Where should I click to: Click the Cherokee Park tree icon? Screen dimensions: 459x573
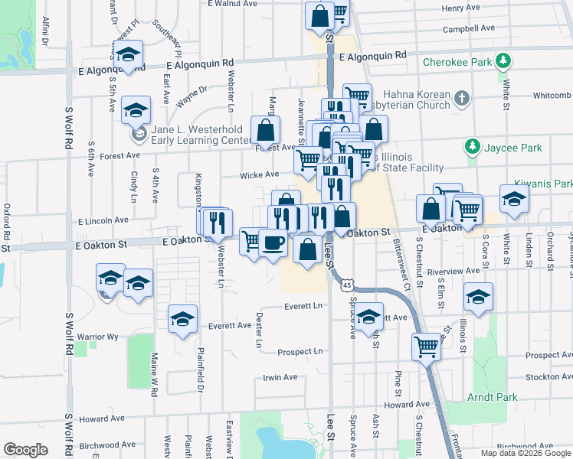pos(503,60)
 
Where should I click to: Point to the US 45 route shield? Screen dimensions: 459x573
pos(347,285)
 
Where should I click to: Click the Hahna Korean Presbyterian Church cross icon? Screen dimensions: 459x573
pos(461,98)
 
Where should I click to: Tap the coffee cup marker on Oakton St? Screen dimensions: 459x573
pos(273,243)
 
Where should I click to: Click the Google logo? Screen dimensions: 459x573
pos(26,450)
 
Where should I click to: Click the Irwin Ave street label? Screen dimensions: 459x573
pos(280,377)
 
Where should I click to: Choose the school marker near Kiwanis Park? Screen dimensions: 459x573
pos(514,199)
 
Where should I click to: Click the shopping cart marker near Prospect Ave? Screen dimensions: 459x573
pos(427,347)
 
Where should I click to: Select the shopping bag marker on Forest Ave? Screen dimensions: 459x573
pos(265,132)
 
